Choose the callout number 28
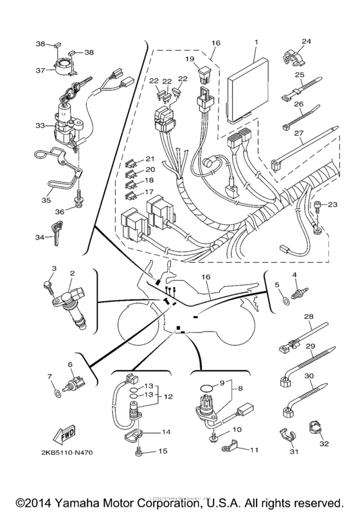308,316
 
